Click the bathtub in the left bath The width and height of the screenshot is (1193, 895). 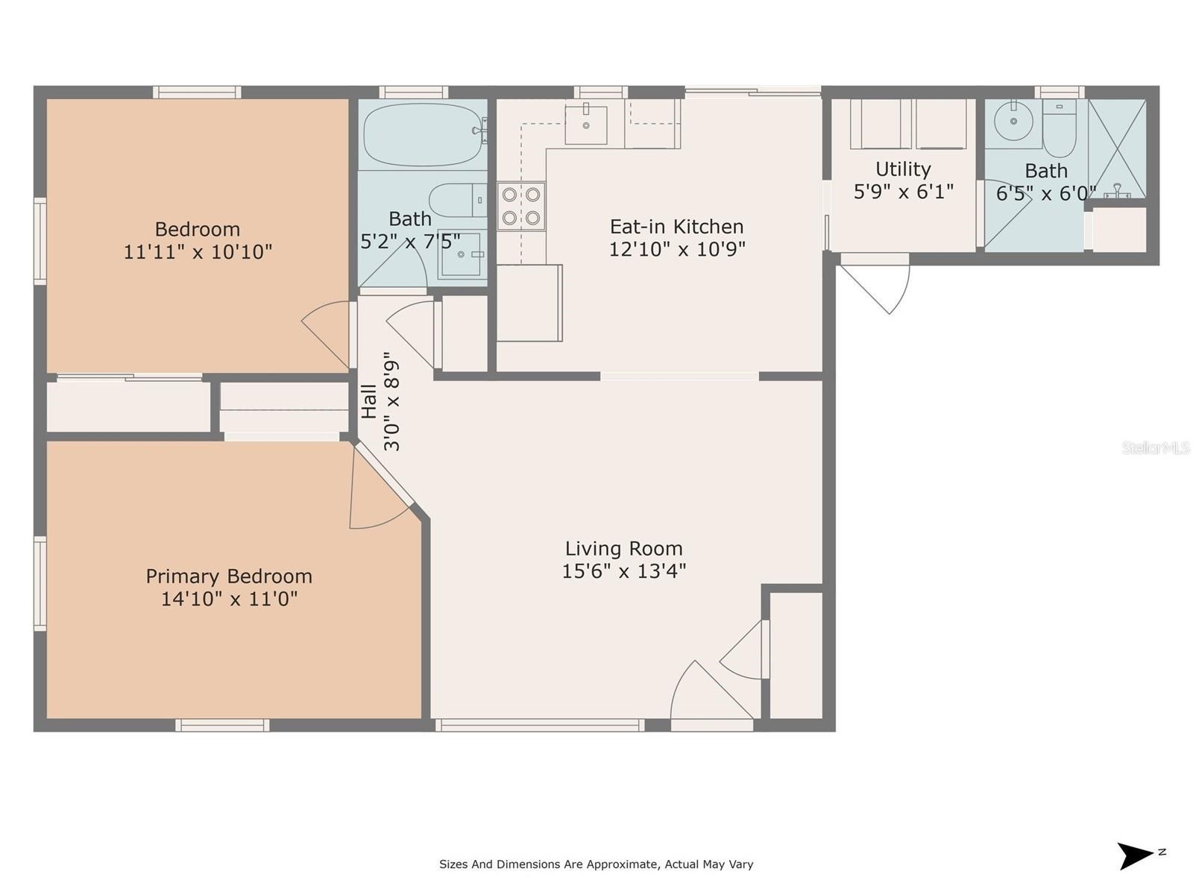pos(423,134)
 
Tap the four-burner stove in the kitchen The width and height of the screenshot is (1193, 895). pos(520,206)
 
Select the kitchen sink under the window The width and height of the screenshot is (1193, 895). pos(585,125)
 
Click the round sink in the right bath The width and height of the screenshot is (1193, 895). pos(1013,121)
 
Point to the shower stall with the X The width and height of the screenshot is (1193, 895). pos(1117,148)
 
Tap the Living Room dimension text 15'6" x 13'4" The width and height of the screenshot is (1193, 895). pos(623,571)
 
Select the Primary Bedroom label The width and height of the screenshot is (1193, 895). pos(229,576)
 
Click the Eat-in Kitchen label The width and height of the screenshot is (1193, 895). pos(677,226)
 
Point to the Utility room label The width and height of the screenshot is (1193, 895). pos(903,169)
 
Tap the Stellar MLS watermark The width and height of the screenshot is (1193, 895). pos(1156,447)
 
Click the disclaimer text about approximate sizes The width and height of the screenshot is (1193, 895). pos(596,864)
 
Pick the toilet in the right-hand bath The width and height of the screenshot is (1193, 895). pos(1060,128)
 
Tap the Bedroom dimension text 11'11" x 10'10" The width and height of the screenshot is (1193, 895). pos(198,251)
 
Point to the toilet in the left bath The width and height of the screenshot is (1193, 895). pos(458,200)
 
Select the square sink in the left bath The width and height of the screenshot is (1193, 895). pos(462,254)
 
